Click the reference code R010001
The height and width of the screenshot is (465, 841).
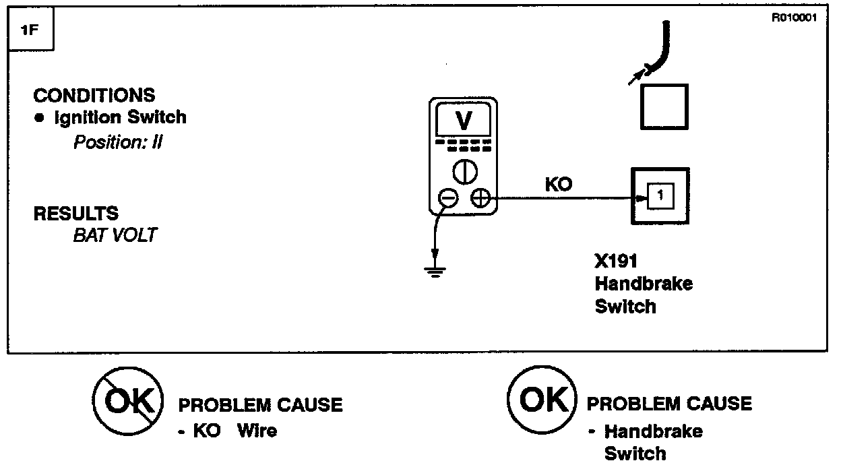coord(795,18)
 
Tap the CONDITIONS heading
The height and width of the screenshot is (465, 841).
coord(94,95)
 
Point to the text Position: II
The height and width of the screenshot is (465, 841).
coord(118,143)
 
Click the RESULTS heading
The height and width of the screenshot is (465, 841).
coord(75,214)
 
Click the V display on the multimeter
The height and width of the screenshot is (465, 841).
coord(464,121)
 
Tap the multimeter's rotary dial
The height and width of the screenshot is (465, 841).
coord(464,172)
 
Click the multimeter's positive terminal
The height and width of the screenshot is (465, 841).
coord(480,197)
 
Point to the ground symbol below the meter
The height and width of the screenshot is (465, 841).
coord(435,272)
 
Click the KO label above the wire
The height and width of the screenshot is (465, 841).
coord(558,184)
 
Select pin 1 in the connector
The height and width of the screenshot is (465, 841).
coord(660,196)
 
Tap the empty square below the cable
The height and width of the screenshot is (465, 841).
coord(664,106)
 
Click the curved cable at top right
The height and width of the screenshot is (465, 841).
coord(664,47)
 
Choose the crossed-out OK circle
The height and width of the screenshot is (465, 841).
coord(127,403)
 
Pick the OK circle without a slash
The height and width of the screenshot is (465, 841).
coord(542,400)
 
